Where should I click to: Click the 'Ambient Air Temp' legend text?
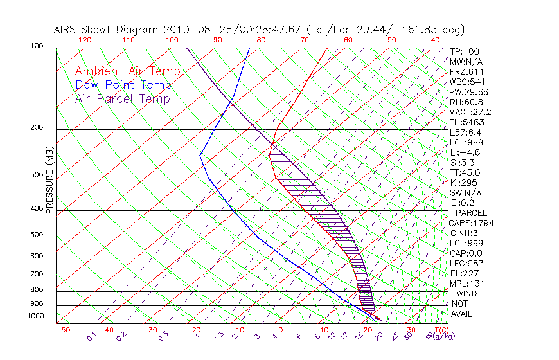coord(127,71)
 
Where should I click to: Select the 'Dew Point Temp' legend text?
coord(123,85)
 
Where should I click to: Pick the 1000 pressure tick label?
coord(37,316)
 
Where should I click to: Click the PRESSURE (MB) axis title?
coord(50,180)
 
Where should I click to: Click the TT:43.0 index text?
coord(465,172)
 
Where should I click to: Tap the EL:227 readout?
coord(463,273)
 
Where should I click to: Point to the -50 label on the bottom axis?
coord(62,330)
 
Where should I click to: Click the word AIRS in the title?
coord(66,30)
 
